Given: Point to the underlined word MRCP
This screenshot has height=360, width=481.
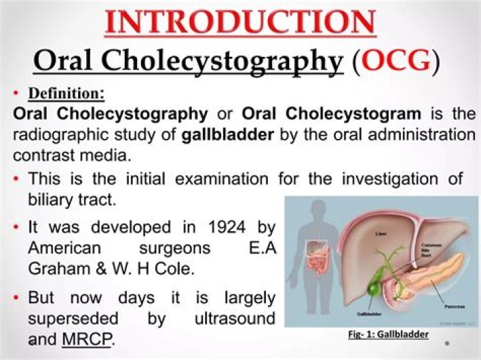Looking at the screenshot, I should (87, 339).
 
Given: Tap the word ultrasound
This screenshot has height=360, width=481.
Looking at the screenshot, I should (234, 318).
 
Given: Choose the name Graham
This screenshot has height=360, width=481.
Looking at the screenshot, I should (56, 270).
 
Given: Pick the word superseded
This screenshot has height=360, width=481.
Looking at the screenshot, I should (73, 318).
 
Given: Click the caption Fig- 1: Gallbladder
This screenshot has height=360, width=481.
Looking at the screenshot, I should (388, 334).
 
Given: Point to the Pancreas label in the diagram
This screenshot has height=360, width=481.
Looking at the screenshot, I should (454, 307).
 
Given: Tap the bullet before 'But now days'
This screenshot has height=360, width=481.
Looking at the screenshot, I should (16, 298).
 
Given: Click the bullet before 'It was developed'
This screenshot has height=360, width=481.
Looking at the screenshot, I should (16, 228).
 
